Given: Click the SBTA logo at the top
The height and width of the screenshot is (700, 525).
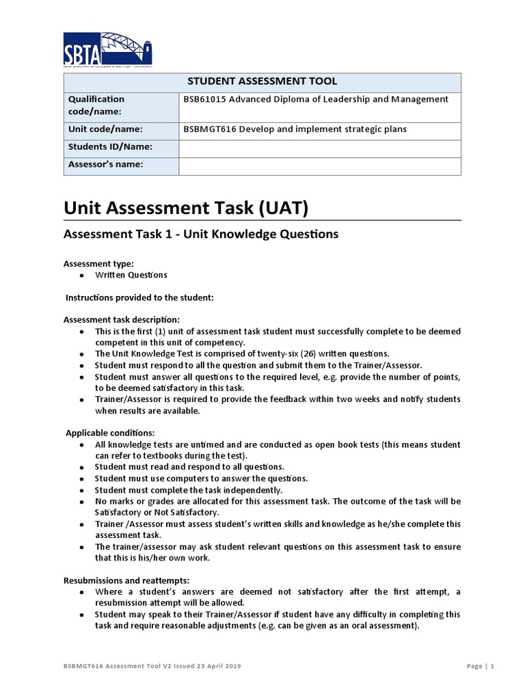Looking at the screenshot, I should [x=107, y=49].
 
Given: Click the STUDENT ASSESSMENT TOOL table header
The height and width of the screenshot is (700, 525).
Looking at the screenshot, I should [x=262, y=81].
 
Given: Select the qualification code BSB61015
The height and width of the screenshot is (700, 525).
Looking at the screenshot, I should [x=205, y=99].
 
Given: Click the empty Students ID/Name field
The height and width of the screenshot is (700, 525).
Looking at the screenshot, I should [x=319, y=148].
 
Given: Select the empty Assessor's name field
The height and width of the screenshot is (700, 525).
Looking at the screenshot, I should [x=319, y=165].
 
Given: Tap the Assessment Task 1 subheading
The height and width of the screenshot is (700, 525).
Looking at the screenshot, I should [x=200, y=234].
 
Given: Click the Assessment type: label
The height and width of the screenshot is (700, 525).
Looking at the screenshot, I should [x=98, y=263].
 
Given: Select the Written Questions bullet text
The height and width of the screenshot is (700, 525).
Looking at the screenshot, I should [x=131, y=275].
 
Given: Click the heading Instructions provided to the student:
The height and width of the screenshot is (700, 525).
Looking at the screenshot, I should [x=139, y=297].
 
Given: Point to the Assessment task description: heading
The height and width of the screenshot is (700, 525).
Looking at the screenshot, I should [x=122, y=319].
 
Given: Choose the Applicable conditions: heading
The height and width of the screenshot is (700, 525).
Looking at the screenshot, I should [x=110, y=433].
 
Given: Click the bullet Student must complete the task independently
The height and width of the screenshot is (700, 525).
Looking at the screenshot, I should [x=188, y=490].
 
